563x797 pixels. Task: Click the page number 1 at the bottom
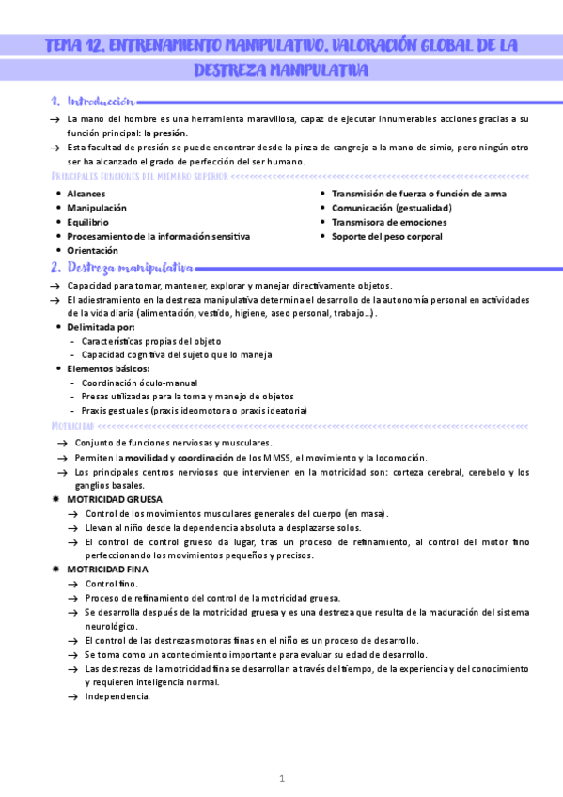(281, 778)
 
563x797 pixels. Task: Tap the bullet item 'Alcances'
(86, 194)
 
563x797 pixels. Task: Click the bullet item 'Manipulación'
(97, 208)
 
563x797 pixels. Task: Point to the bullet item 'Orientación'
(93, 251)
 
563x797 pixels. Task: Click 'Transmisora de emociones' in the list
(389, 222)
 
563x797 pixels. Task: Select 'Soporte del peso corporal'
(386, 236)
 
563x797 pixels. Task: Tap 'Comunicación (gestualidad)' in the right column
(398, 208)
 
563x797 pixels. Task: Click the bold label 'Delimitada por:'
(102, 326)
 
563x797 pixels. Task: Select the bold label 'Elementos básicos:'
(108, 368)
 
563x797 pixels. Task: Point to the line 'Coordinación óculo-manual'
(139, 383)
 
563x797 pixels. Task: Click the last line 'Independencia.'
(117, 696)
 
